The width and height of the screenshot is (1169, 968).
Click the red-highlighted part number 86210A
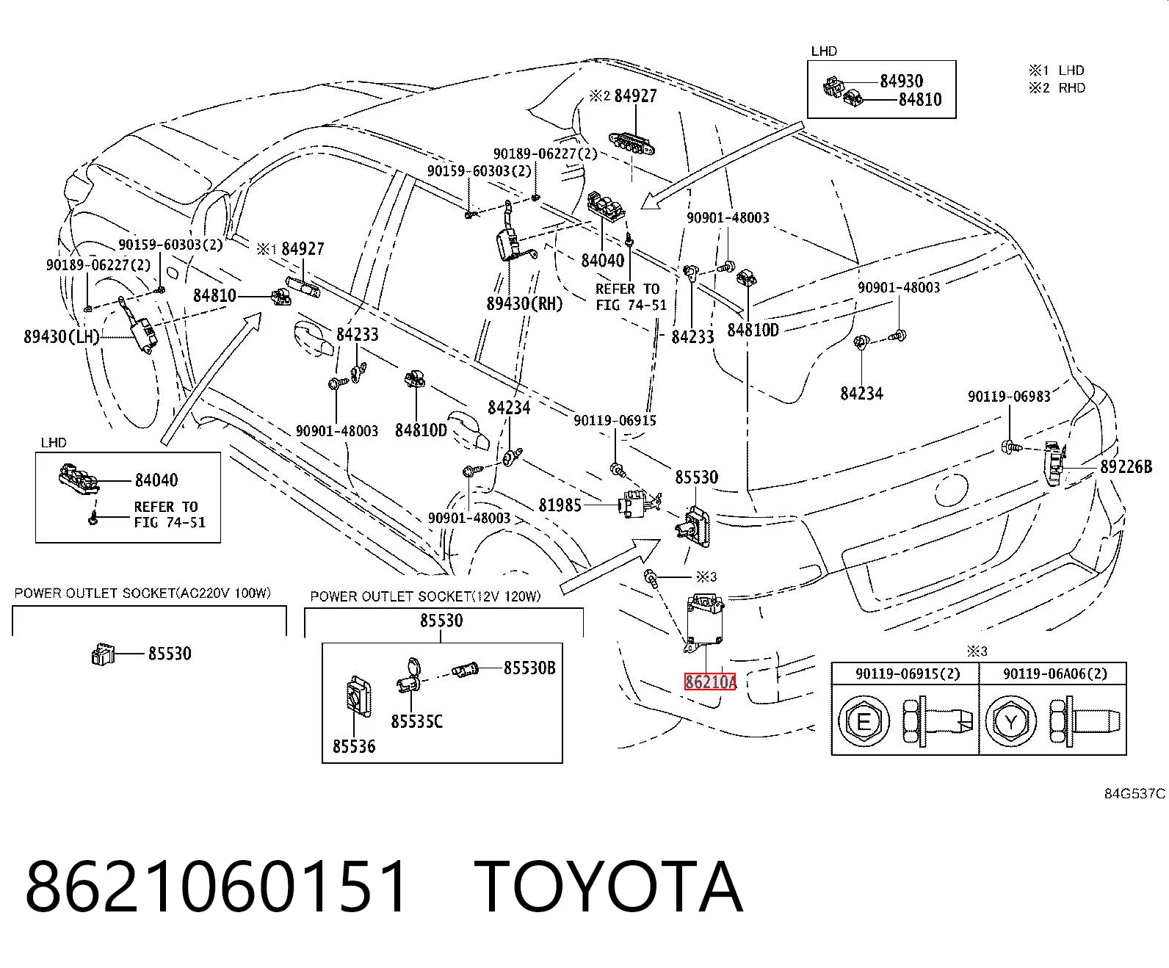coord(710,681)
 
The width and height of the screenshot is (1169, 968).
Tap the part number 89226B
coord(1126,466)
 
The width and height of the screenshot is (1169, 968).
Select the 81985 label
coord(560,505)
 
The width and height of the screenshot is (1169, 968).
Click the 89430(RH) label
coord(524,303)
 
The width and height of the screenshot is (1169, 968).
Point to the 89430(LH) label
coord(61,336)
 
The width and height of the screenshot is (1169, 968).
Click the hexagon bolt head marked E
coord(864,721)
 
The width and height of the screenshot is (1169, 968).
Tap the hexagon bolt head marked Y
coord(1010,721)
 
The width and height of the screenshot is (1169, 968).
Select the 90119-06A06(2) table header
coord(1055,673)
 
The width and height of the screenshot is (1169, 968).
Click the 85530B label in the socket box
coord(529,668)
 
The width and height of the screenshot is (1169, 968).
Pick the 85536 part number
coord(354,746)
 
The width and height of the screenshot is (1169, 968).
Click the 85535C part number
coord(416,721)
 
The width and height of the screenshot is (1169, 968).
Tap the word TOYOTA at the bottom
coord(609,886)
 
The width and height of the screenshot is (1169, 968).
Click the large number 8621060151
coord(217,886)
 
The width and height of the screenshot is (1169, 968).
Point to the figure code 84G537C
coord(1134,794)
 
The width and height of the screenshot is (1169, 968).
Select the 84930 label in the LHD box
coord(902,82)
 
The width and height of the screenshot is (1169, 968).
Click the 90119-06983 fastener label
coord(1009,397)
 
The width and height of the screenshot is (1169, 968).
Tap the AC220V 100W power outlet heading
coord(142,593)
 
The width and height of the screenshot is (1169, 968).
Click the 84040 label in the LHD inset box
coord(156,480)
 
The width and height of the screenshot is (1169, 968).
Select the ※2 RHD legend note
coord(1057,88)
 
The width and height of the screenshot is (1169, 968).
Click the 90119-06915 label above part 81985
coord(615,420)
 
